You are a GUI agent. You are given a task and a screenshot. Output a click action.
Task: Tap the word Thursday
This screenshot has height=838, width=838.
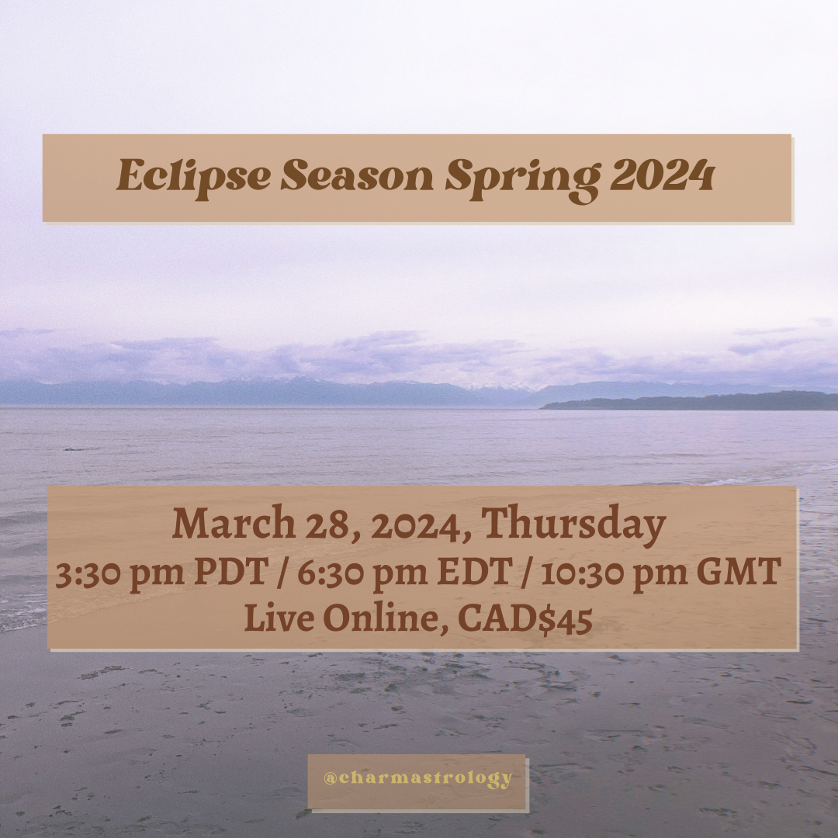pos(576,525)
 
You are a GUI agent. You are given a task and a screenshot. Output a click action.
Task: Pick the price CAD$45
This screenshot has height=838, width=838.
pos(525,618)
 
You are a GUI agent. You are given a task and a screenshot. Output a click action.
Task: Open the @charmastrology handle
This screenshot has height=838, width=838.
pos(417,778)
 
